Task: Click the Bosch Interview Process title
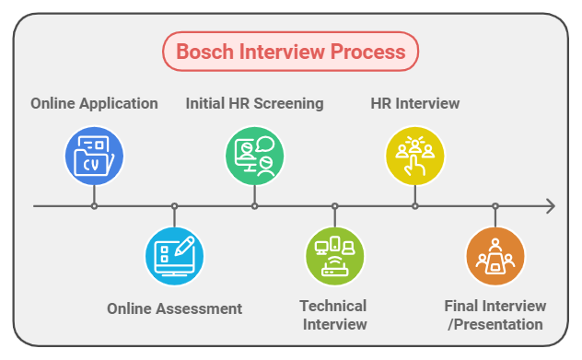[290, 51]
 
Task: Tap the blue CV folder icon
[94, 155]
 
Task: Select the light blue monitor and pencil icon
[174, 255]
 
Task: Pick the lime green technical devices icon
[334, 255]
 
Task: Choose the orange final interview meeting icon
[495, 255]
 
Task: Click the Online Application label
[94, 103]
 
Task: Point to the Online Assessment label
[174, 308]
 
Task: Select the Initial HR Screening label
[255, 103]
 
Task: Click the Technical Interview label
[333, 315]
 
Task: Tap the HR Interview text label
[414, 103]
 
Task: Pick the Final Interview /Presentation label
[495, 315]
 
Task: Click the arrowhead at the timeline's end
[550, 206]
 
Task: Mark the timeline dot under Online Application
[94, 206]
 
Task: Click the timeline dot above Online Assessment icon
[174, 206]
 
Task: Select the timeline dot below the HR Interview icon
[414, 206]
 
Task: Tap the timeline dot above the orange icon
[495, 206]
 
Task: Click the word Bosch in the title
[204, 51]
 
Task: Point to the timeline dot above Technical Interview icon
[334, 206]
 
